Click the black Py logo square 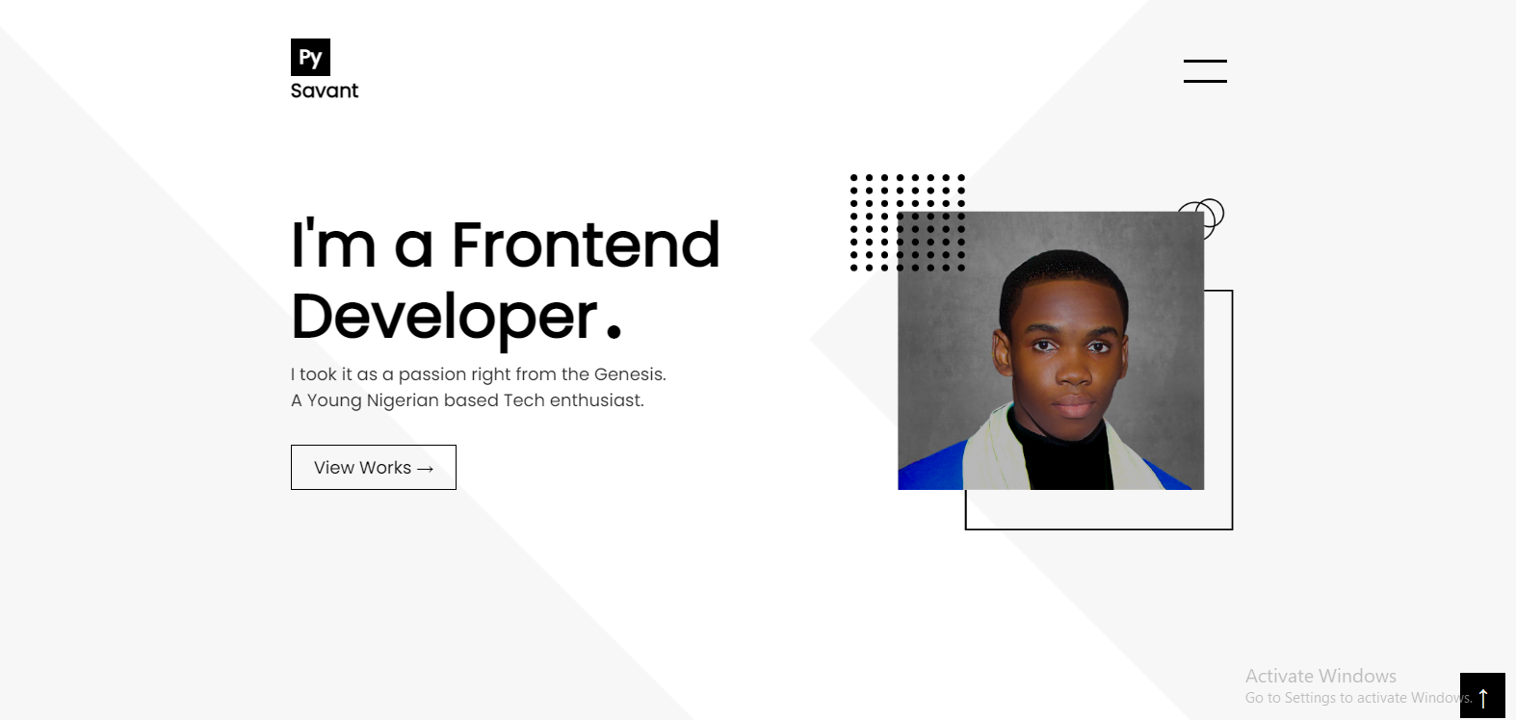311,57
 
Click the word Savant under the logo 325,90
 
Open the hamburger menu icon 1205,71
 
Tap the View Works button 374,467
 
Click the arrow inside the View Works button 425,468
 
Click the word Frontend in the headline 587,244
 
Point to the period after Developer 614,331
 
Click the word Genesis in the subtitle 630,374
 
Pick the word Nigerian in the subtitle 403,401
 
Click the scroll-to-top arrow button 1482,696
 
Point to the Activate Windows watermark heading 1320,676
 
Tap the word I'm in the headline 333,244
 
